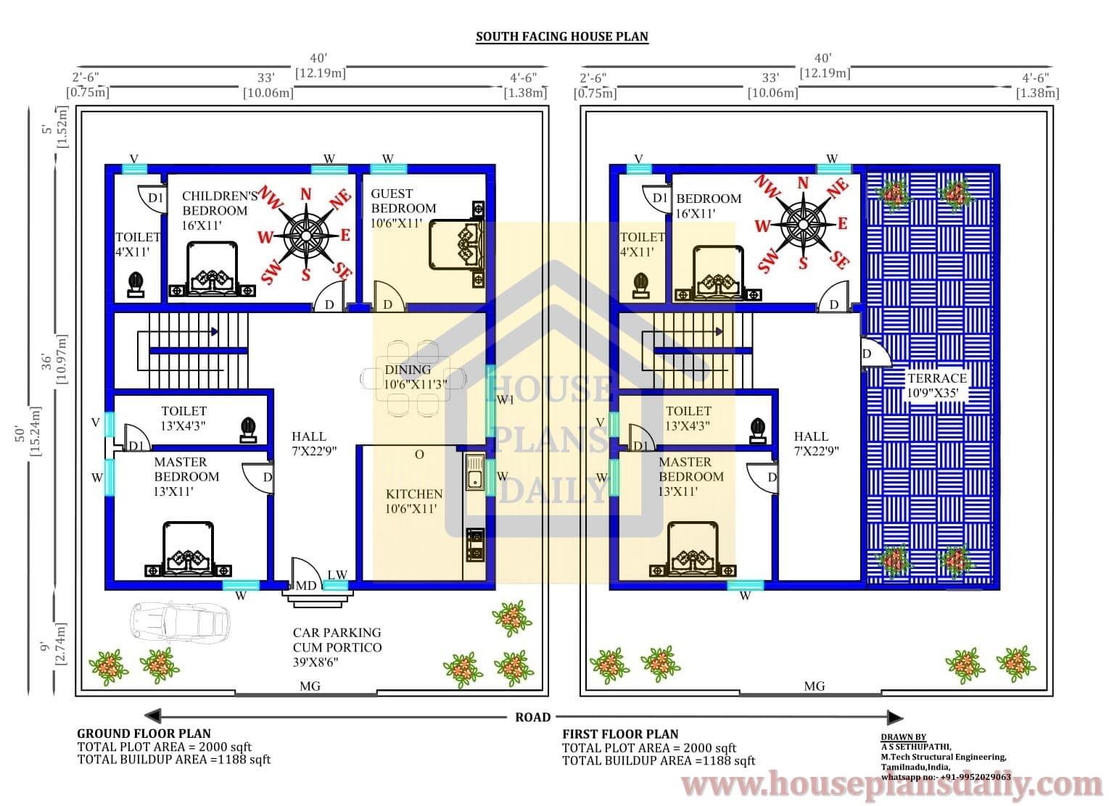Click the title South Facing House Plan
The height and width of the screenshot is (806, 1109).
point(562,37)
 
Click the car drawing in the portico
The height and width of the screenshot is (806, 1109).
point(180,622)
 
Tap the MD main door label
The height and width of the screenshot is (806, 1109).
point(306,586)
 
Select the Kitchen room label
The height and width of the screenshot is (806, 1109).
point(414,502)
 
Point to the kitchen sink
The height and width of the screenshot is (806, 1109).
point(475,472)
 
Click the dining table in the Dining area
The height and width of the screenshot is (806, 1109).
point(413,378)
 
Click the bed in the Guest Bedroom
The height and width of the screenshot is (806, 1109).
point(456,245)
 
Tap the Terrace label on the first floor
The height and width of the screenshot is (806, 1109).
point(936,386)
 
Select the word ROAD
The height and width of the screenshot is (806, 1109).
point(532,718)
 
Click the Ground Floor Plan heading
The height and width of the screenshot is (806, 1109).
point(144,734)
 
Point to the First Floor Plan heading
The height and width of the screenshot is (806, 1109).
point(620,734)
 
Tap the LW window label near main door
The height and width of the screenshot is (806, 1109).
point(337,575)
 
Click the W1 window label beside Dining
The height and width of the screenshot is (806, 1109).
point(506,400)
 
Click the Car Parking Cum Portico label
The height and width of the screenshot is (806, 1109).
point(337,647)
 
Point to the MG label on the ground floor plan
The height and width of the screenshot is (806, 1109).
point(310,686)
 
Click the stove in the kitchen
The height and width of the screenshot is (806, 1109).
point(475,545)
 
